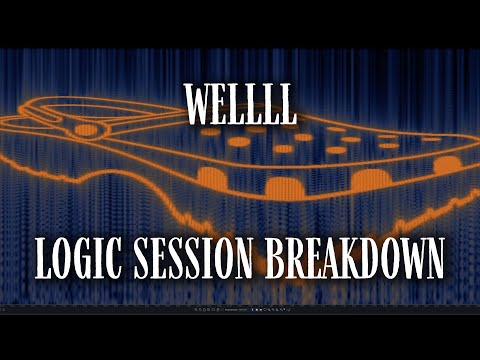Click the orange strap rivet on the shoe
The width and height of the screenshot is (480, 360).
click(x=87, y=130)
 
